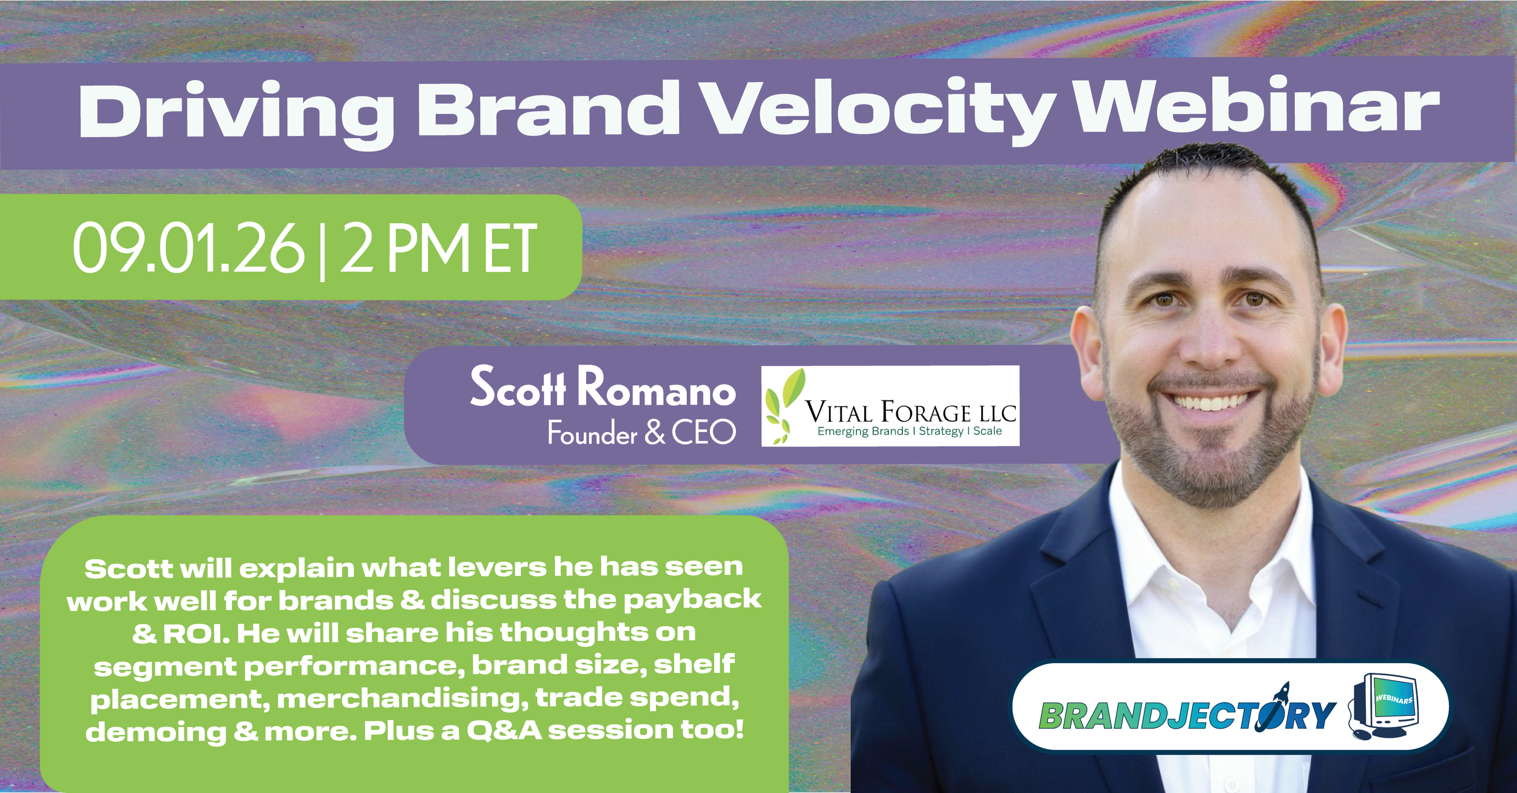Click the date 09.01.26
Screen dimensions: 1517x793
(x=189, y=248)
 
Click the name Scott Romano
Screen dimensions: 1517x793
(x=603, y=386)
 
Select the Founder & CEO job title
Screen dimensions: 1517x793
(x=642, y=433)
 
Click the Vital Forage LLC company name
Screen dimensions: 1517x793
(x=911, y=413)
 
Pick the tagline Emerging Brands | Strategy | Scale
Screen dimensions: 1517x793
(x=910, y=431)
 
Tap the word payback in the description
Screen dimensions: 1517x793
(x=692, y=601)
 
